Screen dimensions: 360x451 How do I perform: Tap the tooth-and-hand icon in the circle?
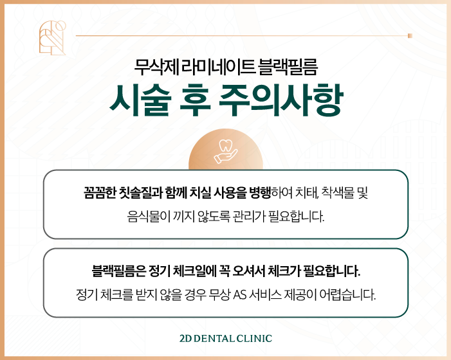225,150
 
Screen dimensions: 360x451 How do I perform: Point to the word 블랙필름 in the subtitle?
286,65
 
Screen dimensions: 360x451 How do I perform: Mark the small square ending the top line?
410,35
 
